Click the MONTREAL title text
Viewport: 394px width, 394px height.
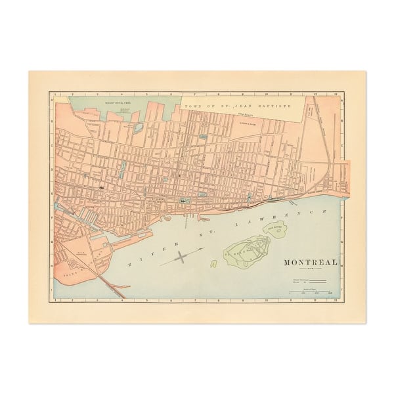(x=311, y=262)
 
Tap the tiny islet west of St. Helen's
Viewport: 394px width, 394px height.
(x=214, y=265)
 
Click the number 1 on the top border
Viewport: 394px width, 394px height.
(x=55, y=93)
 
